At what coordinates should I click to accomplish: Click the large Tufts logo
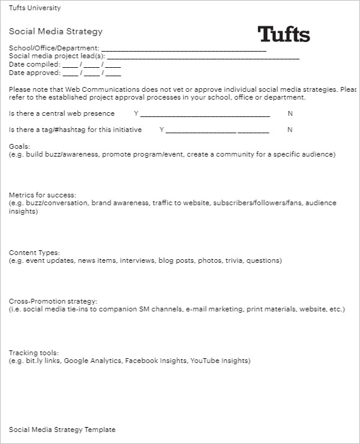(284, 34)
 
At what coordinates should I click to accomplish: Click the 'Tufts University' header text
(35, 8)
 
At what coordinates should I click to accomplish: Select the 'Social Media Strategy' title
(56, 32)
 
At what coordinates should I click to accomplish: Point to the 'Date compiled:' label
(35, 64)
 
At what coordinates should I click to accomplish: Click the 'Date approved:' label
(35, 73)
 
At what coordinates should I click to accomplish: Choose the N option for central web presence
(290, 113)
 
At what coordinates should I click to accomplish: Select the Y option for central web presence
(136, 113)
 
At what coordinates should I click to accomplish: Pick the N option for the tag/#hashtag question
(290, 130)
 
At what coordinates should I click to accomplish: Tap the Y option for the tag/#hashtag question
(161, 130)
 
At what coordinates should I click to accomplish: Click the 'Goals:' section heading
(19, 146)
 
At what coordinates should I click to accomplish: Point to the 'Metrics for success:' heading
(43, 195)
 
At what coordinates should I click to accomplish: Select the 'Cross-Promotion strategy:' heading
(53, 301)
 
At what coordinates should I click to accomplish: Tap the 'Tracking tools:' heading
(34, 353)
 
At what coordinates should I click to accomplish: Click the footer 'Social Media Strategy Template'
(62, 430)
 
